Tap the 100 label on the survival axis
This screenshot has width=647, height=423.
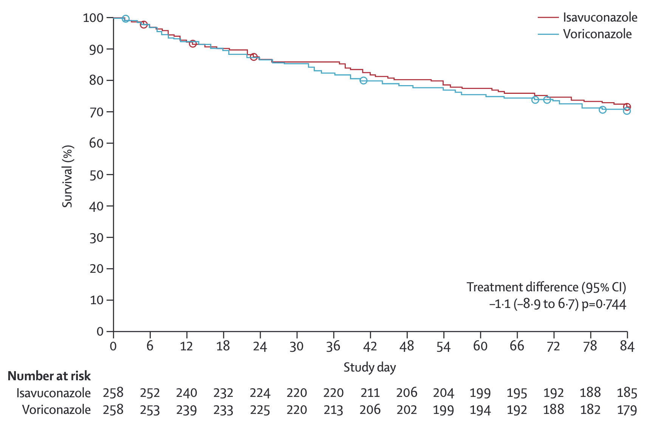click(x=93, y=18)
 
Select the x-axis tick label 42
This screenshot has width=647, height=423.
click(x=370, y=346)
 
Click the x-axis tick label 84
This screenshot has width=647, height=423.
click(x=627, y=346)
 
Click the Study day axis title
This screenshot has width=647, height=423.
click(x=370, y=367)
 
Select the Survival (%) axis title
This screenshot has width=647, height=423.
click(x=67, y=176)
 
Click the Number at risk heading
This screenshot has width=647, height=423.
click(x=49, y=376)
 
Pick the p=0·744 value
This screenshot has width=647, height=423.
click(x=604, y=304)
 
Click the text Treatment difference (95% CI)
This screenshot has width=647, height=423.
click(x=546, y=287)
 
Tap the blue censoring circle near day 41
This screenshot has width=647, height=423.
click(x=363, y=81)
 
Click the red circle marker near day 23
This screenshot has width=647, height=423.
click(x=254, y=57)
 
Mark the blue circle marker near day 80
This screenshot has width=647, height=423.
click(x=602, y=110)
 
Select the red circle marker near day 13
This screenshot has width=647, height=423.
click(x=192, y=44)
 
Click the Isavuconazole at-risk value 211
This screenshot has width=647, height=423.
click(x=370, y=393)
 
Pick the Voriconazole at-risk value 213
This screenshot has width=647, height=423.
click(x=333, y=410)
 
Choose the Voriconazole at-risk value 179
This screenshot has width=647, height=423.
click(x=627, y=410)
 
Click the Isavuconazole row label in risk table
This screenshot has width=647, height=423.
click(x=53, y=393)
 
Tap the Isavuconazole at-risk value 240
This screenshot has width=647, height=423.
click(x=187, y=393)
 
